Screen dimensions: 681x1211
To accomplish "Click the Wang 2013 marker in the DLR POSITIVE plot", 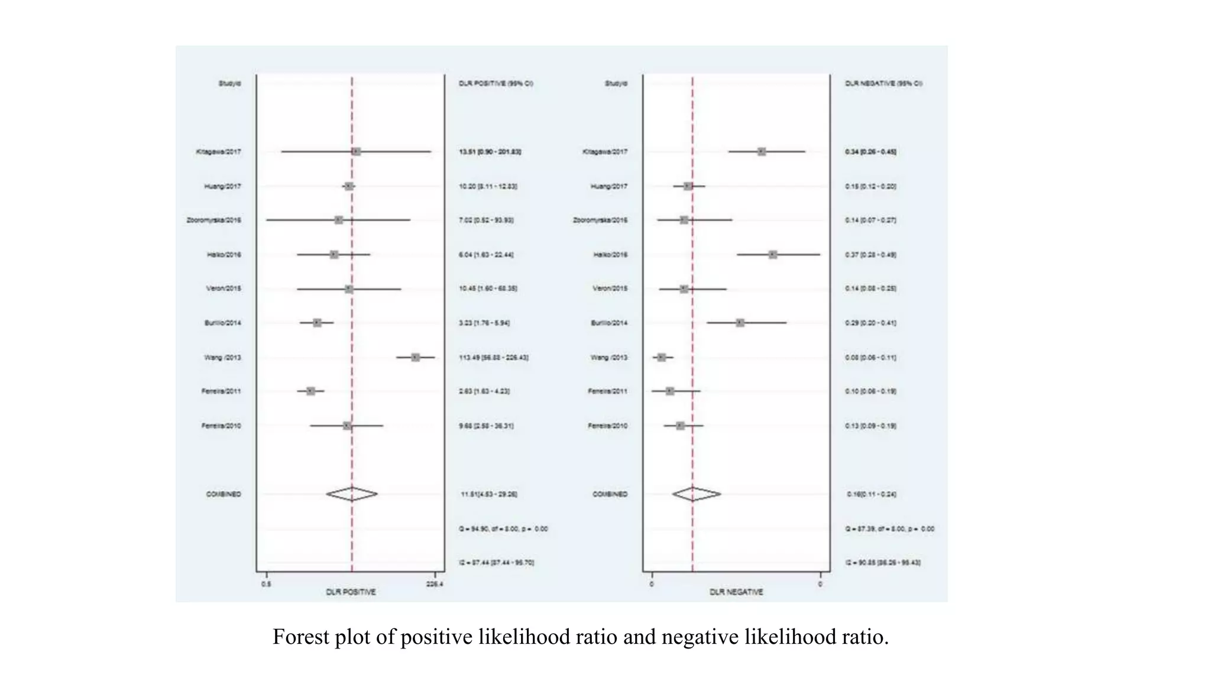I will click(415, 357).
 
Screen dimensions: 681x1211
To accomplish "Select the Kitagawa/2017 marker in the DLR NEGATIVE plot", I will click(762, 152).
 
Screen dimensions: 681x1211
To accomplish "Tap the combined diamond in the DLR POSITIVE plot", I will click(352, 494).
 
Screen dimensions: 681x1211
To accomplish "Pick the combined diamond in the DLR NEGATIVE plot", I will click(696, 494).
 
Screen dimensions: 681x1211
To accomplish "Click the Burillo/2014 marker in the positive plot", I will click(317, 323).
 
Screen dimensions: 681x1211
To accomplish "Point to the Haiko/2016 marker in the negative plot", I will click(772, 255).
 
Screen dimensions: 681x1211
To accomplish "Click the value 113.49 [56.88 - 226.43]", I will click(493, 358).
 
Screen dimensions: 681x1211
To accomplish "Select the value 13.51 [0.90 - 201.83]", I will click(490, 152).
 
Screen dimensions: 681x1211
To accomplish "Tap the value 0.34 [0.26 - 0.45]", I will click(870, 152).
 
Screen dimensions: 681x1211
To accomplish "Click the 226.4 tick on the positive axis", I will click(435, 584).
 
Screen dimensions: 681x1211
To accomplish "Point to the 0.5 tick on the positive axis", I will click(266, 584).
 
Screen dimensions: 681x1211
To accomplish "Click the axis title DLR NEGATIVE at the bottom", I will click(736, 592).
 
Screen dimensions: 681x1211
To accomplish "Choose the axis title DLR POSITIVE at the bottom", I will click(351, 592).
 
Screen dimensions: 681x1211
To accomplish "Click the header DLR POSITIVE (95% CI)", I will click(496, 83).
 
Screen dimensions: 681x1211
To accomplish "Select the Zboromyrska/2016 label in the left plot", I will click(213, 220).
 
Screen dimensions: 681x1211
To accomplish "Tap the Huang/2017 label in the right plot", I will click(608, 186).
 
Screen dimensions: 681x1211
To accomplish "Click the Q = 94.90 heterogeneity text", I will click(503, 529).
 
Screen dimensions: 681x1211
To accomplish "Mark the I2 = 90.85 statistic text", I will click(882, 563).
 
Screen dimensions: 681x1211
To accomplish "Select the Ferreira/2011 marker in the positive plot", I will click(310, 391).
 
